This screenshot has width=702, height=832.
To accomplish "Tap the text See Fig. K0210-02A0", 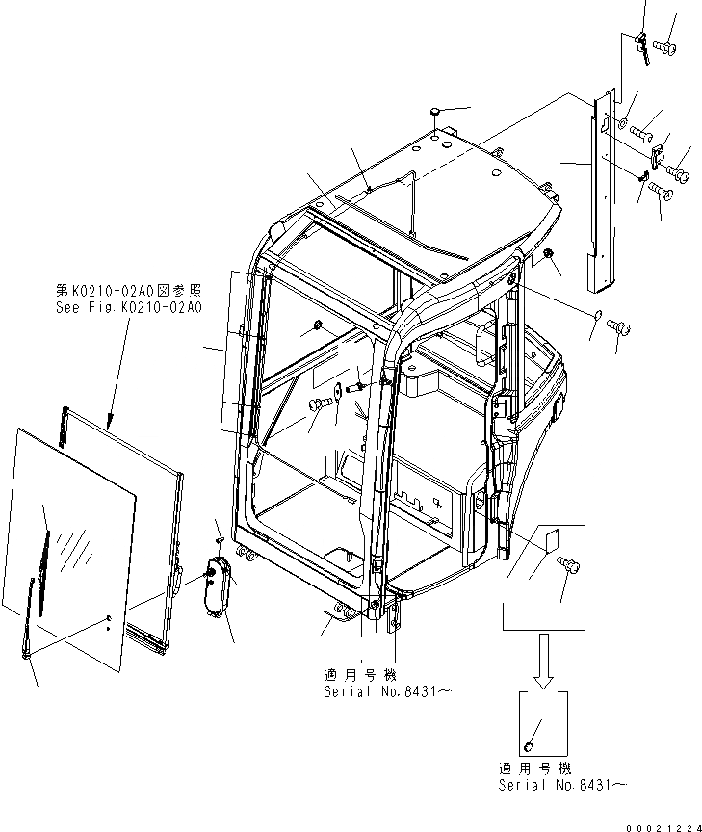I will tap(128, 307).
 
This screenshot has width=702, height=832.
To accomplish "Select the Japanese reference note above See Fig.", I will tap(128, 289).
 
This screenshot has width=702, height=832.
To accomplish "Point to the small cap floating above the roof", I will tap(434, 113).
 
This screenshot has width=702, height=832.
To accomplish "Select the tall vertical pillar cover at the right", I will tap(598, 193).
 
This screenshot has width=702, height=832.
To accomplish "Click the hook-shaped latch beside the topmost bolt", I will tap(643, 46).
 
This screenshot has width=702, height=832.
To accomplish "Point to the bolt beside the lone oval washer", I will tap(622, 329).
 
